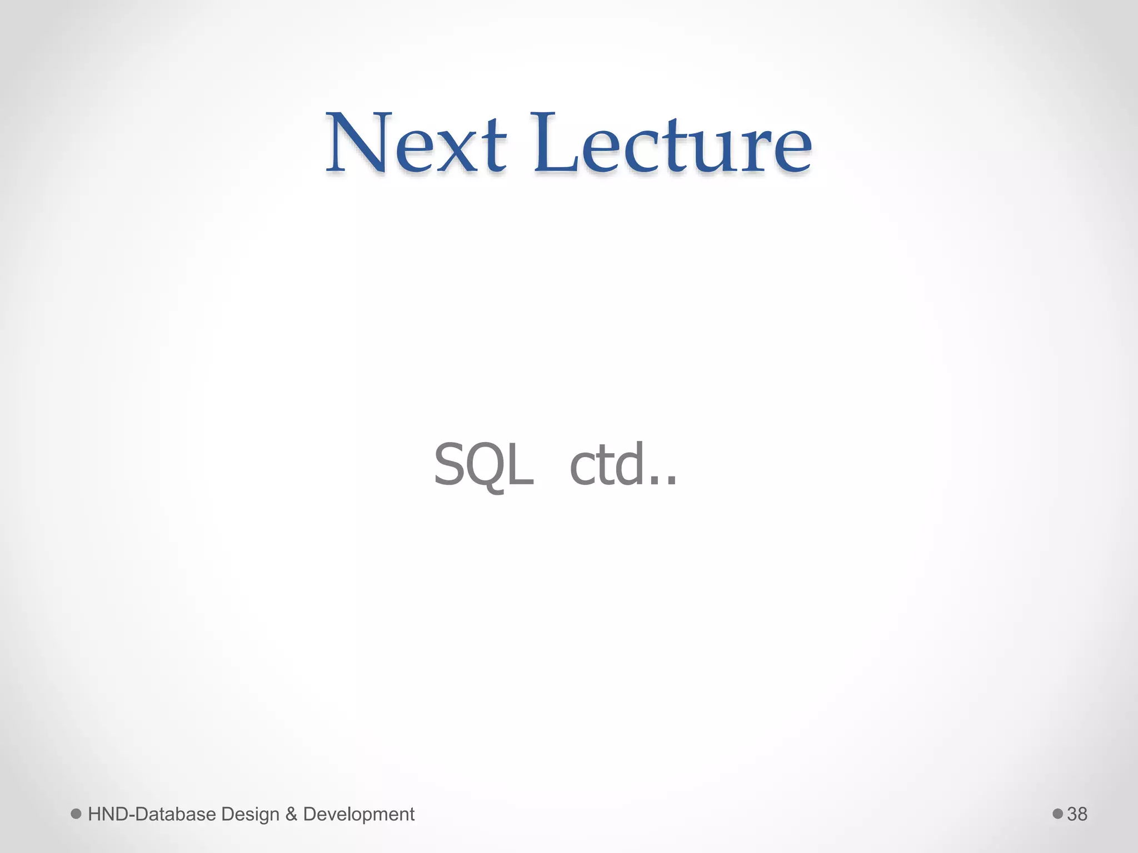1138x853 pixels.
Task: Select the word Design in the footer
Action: (250, 815)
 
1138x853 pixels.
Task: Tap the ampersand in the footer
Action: (291, 814)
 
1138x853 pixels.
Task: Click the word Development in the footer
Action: (359, 815)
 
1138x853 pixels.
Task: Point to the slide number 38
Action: (1077, 814)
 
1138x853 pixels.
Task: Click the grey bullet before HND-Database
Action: (76, 814)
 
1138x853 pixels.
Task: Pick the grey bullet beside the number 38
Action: (1057, 814)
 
